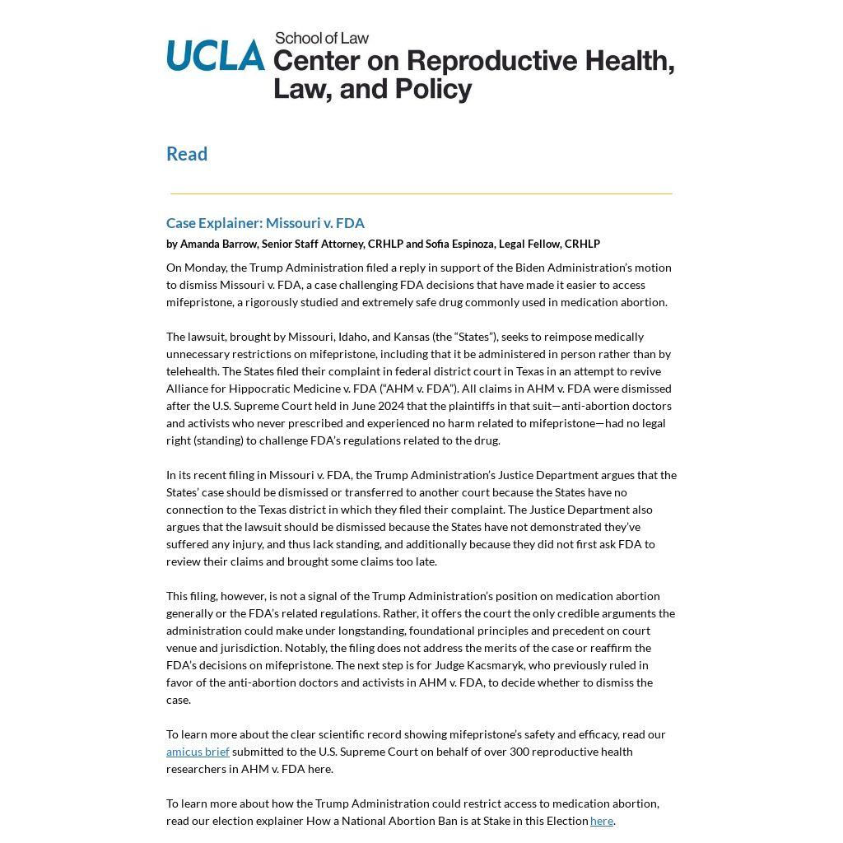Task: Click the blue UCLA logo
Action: pyautogui.click(x=215, y=56)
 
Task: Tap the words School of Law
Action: pyautogui.click(x=321, y=38)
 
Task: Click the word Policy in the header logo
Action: pyautogui.click(x=433, y=89)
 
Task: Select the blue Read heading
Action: pyautogui.click(x=187, y=154)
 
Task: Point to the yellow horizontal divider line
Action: pyautogui.click(x=421, y=193)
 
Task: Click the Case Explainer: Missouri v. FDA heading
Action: pyautogui.click(x=265, y=223)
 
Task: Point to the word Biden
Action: pyautogui.click(x=532, y=268)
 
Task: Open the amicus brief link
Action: pyautogui.click(x=198, y=752)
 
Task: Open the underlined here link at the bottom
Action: pyautogui.click(x=601, y=821)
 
